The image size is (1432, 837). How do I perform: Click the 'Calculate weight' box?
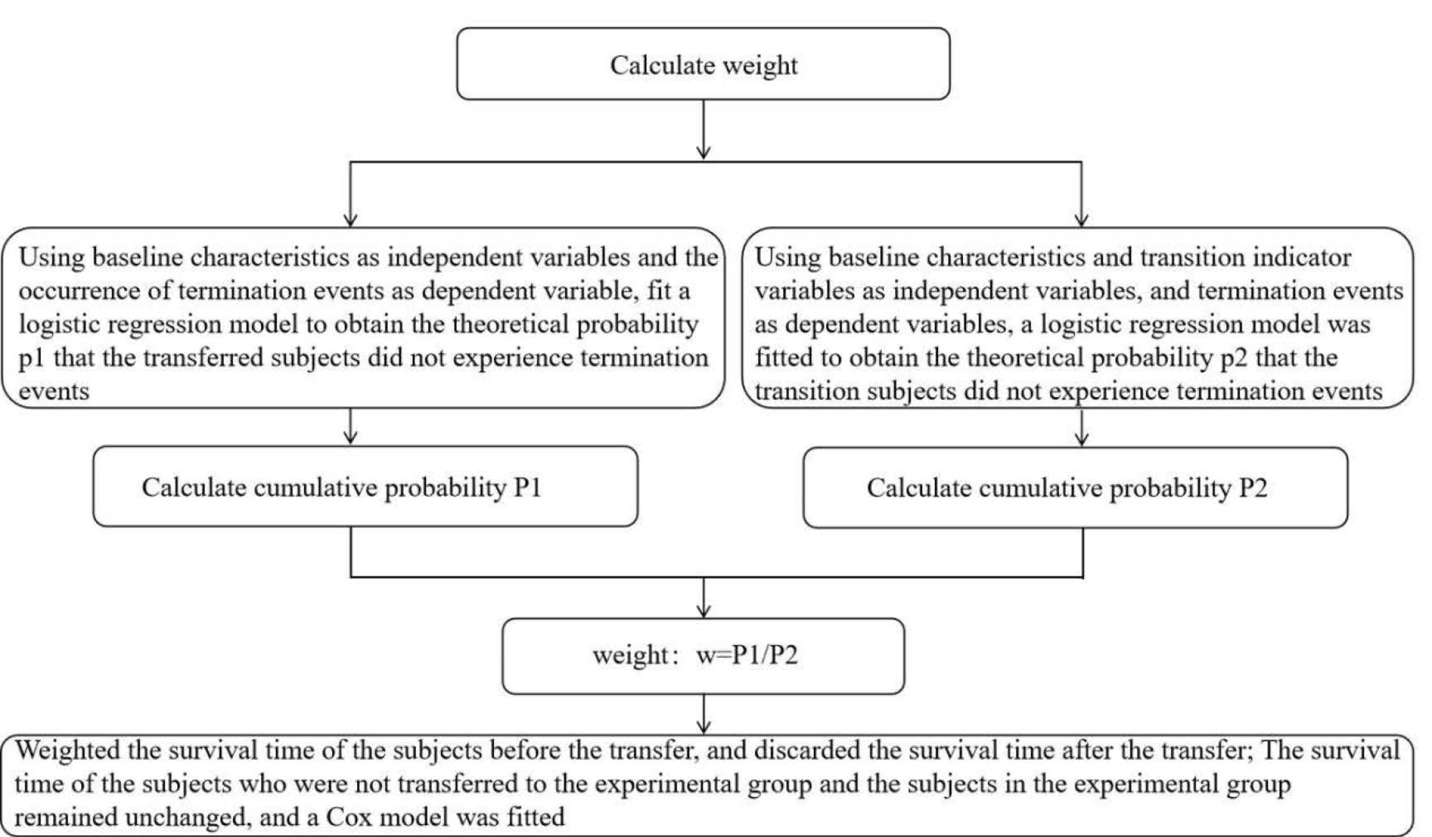click(x=703, y=64)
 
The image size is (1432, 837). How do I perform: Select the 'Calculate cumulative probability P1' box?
click(x=365, y=486)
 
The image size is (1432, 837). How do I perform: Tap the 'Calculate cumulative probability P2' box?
click(x=1075, y=487)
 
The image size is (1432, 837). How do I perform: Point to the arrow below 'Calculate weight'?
click(x=704, y=129)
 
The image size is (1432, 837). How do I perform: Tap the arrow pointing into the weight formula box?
click(x=704, y=597)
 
